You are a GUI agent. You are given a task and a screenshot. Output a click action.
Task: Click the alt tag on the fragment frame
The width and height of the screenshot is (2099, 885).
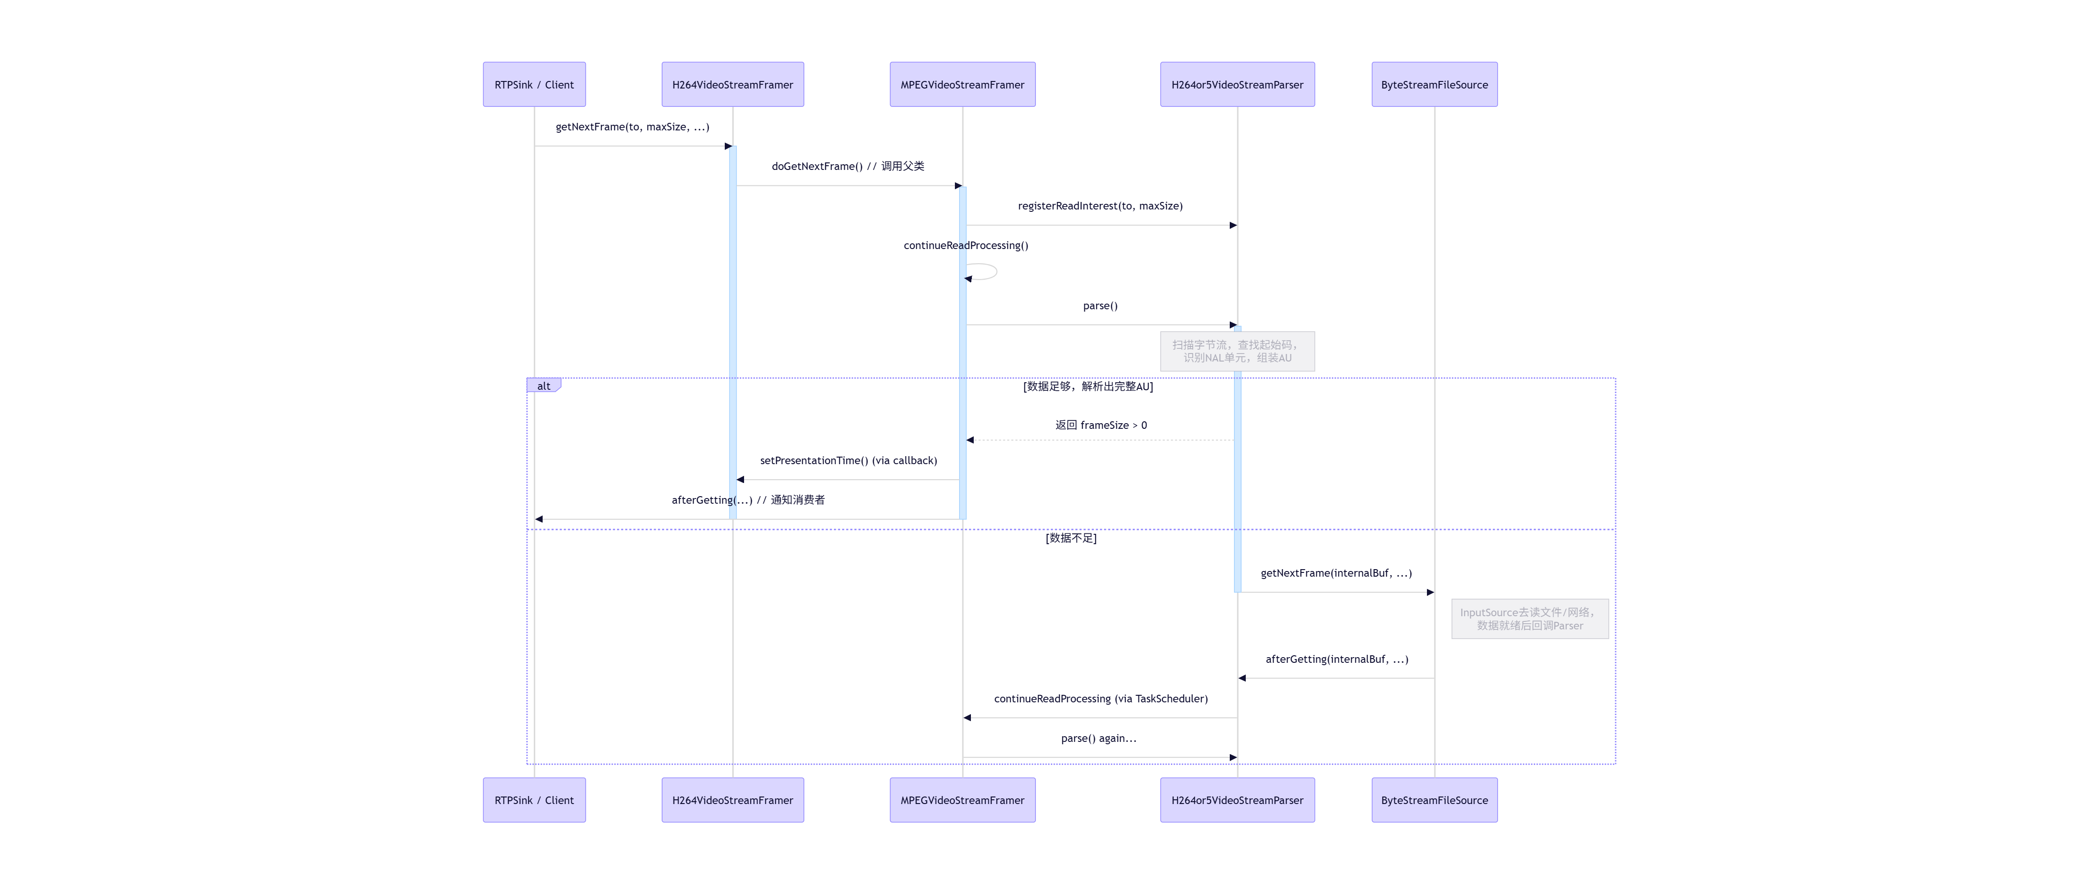click(544, 386)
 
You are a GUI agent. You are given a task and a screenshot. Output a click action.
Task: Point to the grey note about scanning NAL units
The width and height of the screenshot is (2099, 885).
click(1237, 351)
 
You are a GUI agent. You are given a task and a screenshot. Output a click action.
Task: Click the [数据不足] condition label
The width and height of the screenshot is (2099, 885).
click(1071, 538)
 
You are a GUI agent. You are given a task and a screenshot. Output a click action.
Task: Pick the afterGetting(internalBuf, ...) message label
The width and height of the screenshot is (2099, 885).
click(1336, 659)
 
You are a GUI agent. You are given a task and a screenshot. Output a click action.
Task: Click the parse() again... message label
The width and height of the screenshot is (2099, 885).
click(1098, 738)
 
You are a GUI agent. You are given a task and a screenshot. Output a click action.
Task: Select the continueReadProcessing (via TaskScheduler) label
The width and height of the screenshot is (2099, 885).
click(1101, 699)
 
